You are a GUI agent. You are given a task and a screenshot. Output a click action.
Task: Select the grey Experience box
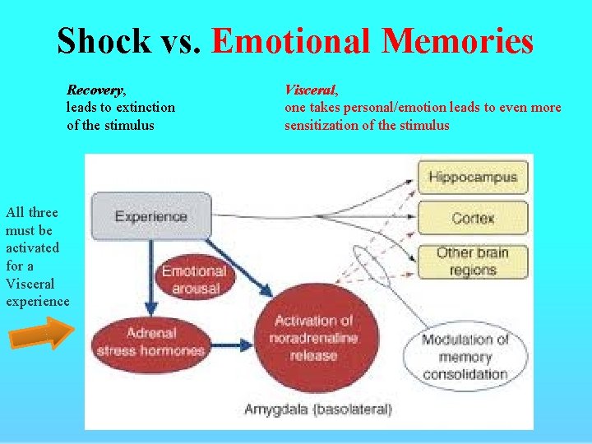point(151,217)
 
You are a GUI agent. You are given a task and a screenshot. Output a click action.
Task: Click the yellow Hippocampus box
point(473,177)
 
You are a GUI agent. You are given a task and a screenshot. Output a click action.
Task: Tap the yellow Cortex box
point(473,218)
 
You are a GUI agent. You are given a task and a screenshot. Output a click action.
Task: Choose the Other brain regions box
point(473,261)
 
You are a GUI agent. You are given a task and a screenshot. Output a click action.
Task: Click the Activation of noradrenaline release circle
point(313,338)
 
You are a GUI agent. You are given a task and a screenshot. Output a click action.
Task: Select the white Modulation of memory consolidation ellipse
point(465,357)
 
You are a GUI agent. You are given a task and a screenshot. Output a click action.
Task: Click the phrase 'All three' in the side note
point(32,212)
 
